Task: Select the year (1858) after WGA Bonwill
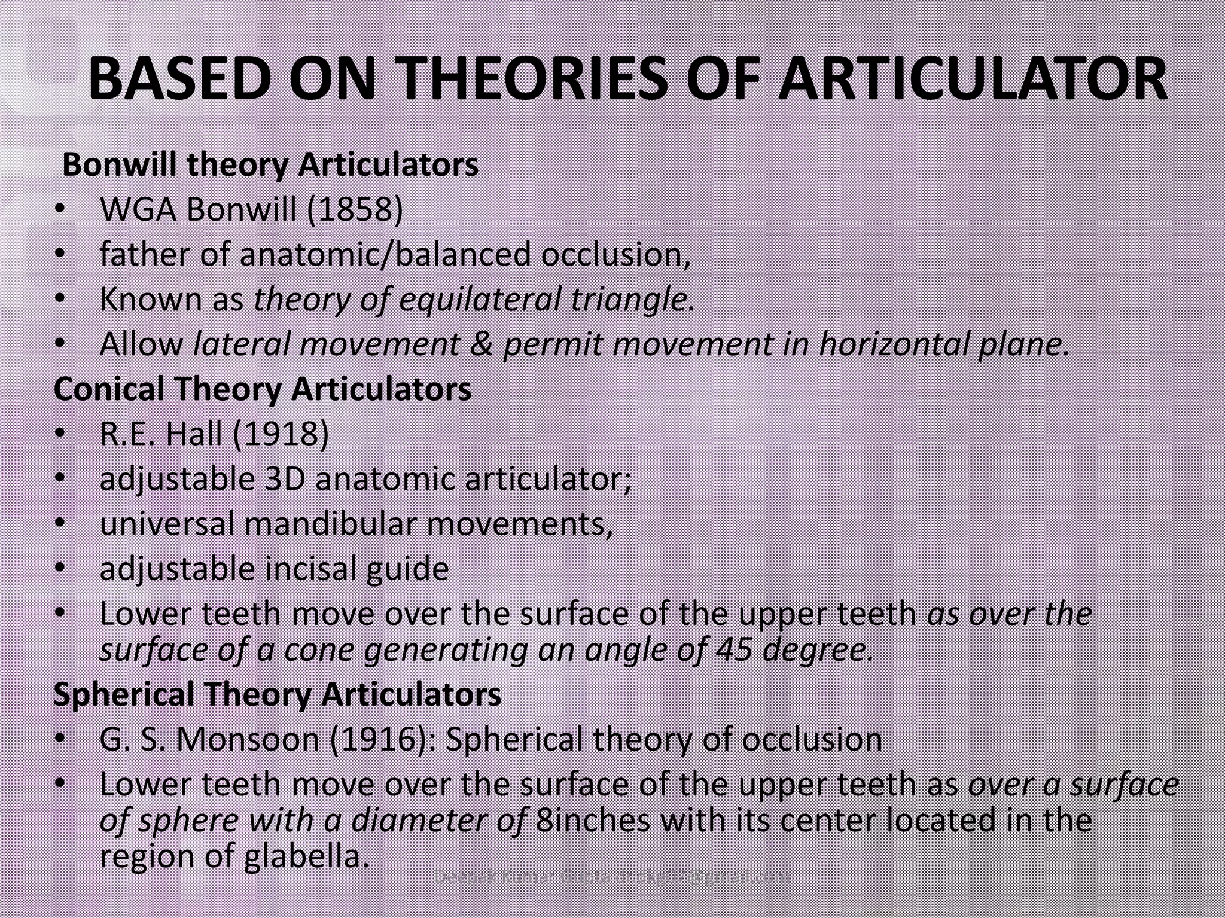(x=355, y=209)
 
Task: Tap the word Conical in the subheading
(x=109, y=389)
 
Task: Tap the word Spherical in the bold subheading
(x=124, y=694)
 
